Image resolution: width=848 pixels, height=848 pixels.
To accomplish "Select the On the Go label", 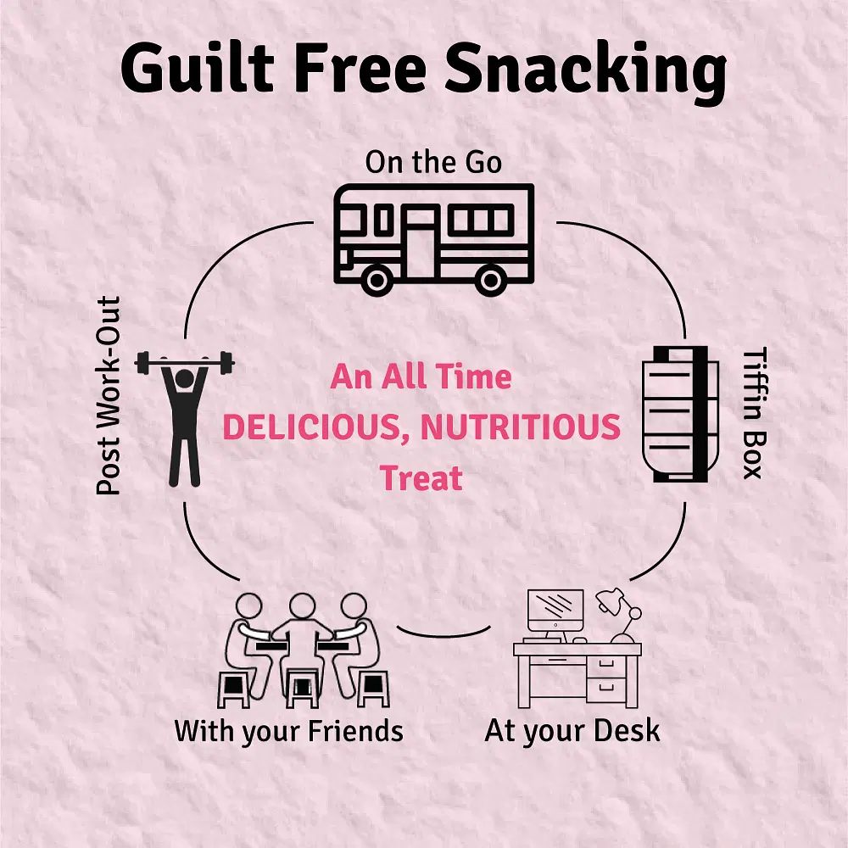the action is (433, 162).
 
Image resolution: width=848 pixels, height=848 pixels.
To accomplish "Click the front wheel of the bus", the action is (377, 280).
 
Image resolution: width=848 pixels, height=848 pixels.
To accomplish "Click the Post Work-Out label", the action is (109, 395).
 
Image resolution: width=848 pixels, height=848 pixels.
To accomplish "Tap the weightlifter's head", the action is (184, 378).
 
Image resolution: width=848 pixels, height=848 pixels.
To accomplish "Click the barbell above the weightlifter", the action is (184, 362).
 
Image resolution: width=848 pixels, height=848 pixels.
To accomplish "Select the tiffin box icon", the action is (680, 415).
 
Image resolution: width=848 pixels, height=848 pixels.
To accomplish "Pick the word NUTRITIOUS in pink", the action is (521, 427).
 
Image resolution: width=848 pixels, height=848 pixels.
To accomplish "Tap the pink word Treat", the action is (421, 478).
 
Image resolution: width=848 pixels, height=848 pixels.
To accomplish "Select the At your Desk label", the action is (572, 731).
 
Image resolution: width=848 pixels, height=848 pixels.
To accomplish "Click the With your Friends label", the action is (289, 731).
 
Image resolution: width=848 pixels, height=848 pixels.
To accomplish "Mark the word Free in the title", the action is (360, 68).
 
